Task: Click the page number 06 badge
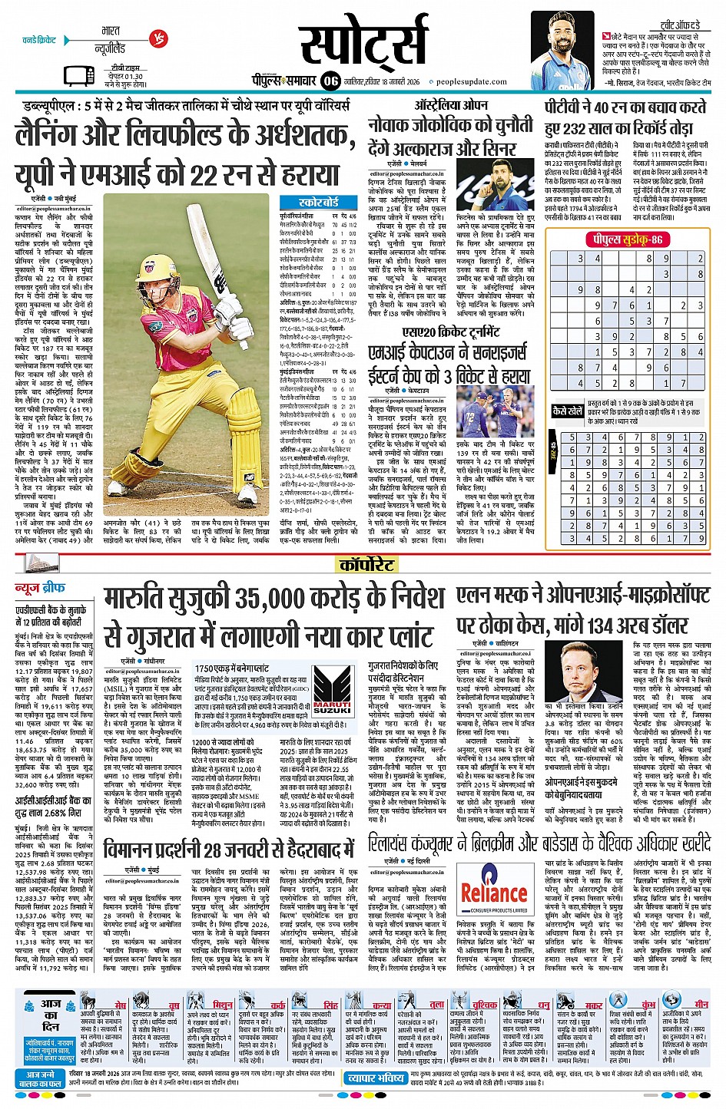pyautogui.click(x=331, y=81)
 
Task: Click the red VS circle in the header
pyautogui.click(x=157, y=37)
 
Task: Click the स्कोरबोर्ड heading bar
pyautogui.click(x=318, y=202)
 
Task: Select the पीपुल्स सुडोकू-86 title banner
pyautogui.click(x=625, y=240)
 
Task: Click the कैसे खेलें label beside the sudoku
pyautogui.click(x=568, y=411)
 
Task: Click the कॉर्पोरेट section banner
pyautogui.click(x=366, y=566)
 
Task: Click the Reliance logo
pyautogui.click(x=494, y=893)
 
